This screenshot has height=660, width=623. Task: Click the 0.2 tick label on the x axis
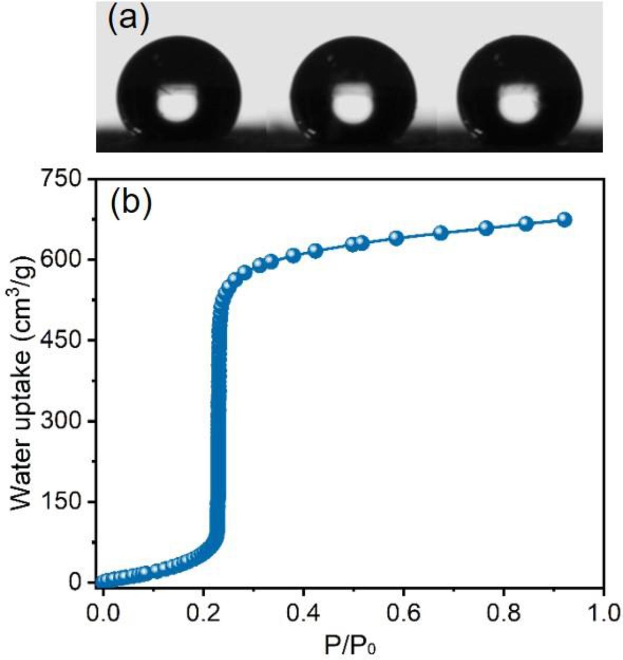203,613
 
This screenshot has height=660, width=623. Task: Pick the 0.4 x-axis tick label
303,613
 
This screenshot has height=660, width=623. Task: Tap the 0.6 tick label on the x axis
403,613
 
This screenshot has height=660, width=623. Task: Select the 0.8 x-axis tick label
504,613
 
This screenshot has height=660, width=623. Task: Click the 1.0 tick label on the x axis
603,613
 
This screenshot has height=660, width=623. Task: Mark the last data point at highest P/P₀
564,219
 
